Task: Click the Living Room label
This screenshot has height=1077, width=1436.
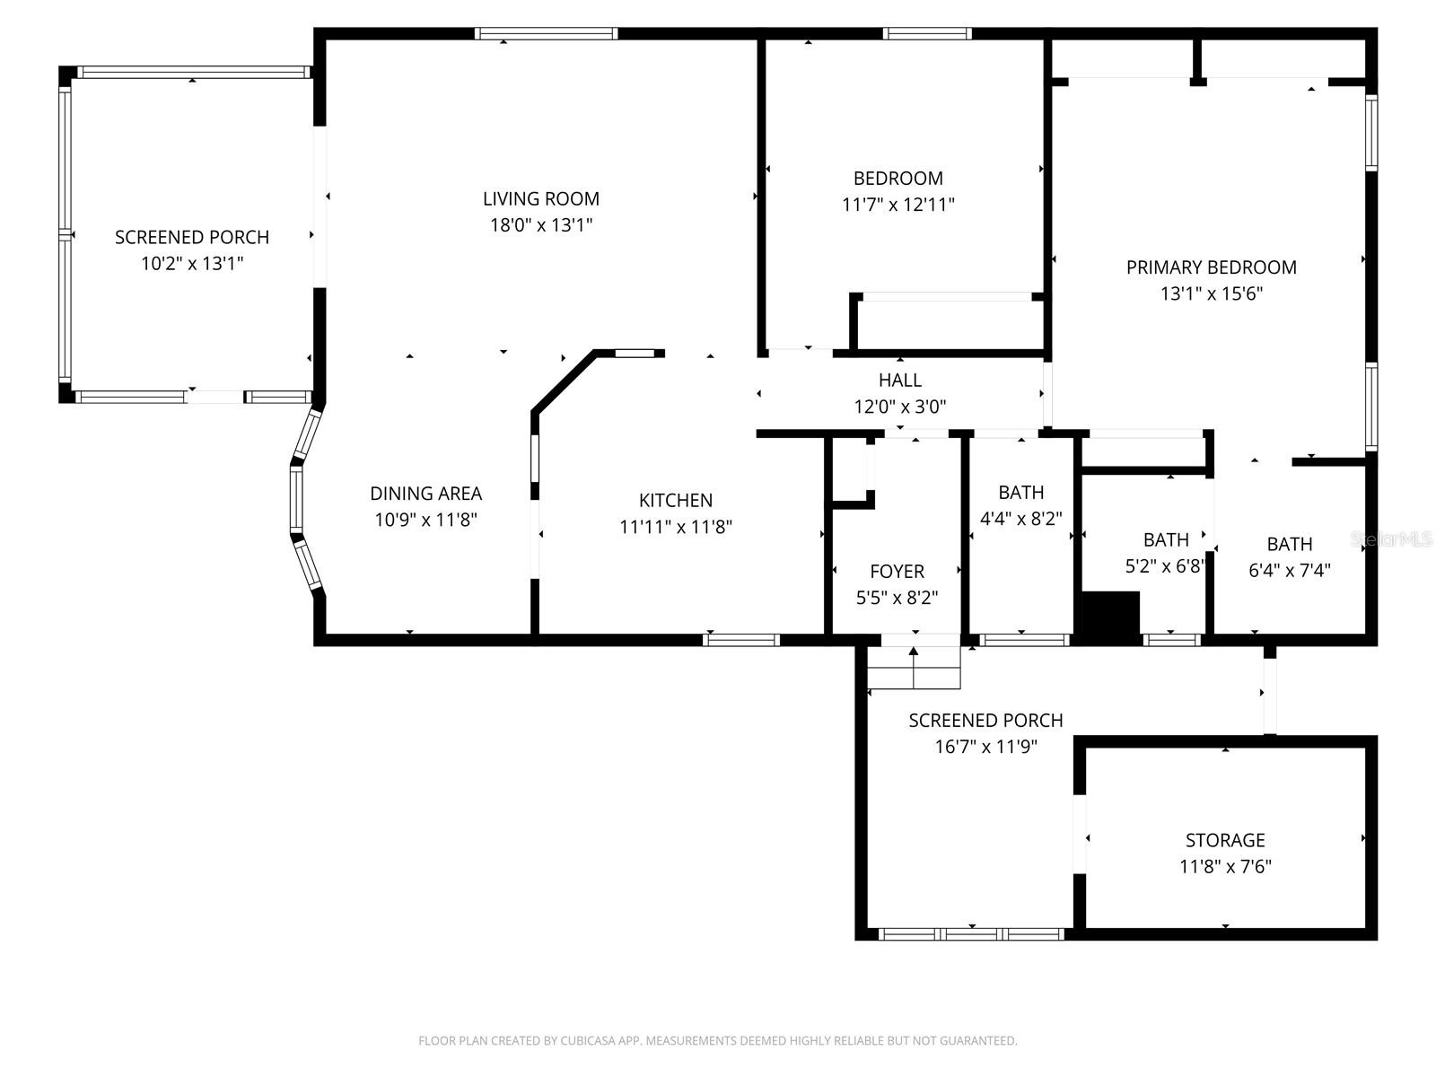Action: [540, 198]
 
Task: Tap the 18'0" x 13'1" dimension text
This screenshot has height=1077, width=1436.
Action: [540, 225]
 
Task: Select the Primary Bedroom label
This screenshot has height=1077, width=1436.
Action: [1211, 267]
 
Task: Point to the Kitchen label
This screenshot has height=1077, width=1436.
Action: [676, 501]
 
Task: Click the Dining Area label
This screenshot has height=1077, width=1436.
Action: [425, 494]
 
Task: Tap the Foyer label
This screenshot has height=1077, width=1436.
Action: [897, 572]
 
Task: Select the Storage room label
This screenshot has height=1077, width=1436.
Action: [1225, 841]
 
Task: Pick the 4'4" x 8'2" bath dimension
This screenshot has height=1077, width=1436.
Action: [1021, 519]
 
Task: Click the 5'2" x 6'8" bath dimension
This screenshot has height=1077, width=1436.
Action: [1165, 566]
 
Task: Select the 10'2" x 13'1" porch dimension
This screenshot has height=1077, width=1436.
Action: [192, 264]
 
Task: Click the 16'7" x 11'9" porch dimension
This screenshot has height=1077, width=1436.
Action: [985, 747]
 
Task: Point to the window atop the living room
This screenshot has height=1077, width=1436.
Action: [546, 34]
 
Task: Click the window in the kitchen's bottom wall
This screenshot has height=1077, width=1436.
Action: [740, 640]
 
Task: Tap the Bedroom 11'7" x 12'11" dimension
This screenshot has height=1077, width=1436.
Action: [897, 205]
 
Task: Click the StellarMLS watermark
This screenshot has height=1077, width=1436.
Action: [1391, 539]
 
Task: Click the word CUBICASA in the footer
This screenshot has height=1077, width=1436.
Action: [586, 1041]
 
